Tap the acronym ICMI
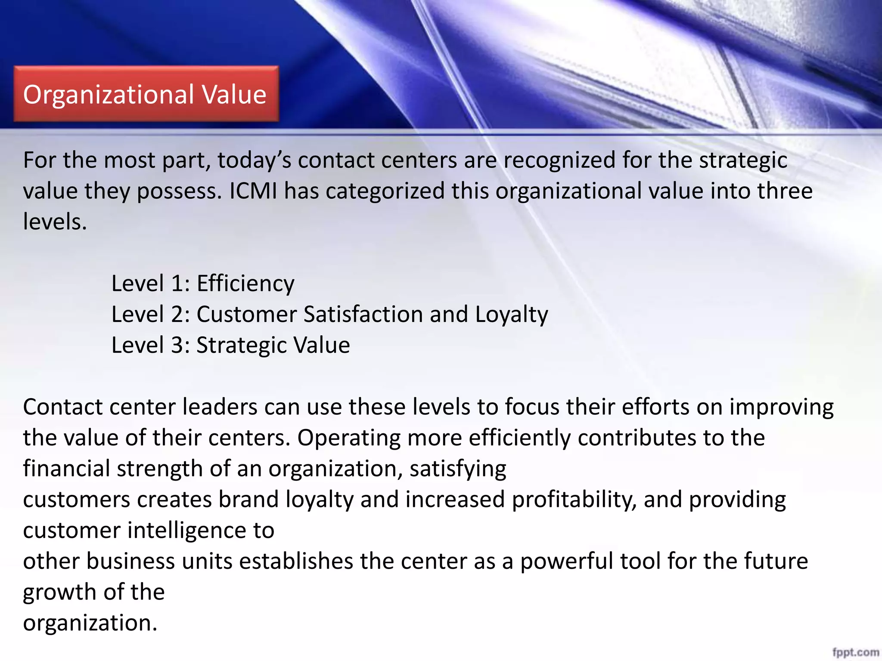(x=253, y=191)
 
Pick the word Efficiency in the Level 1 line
(x=245, y=284)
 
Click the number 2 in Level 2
(x=177, y=314)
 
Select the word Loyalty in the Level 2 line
(x=511, y=314)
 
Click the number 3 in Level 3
(x=177, y=345)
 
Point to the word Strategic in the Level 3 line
(x=241, y=345)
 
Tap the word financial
(x=66, y=469)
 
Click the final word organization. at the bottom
(x=90, y=623)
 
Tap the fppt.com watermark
(x=855, y=652)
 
